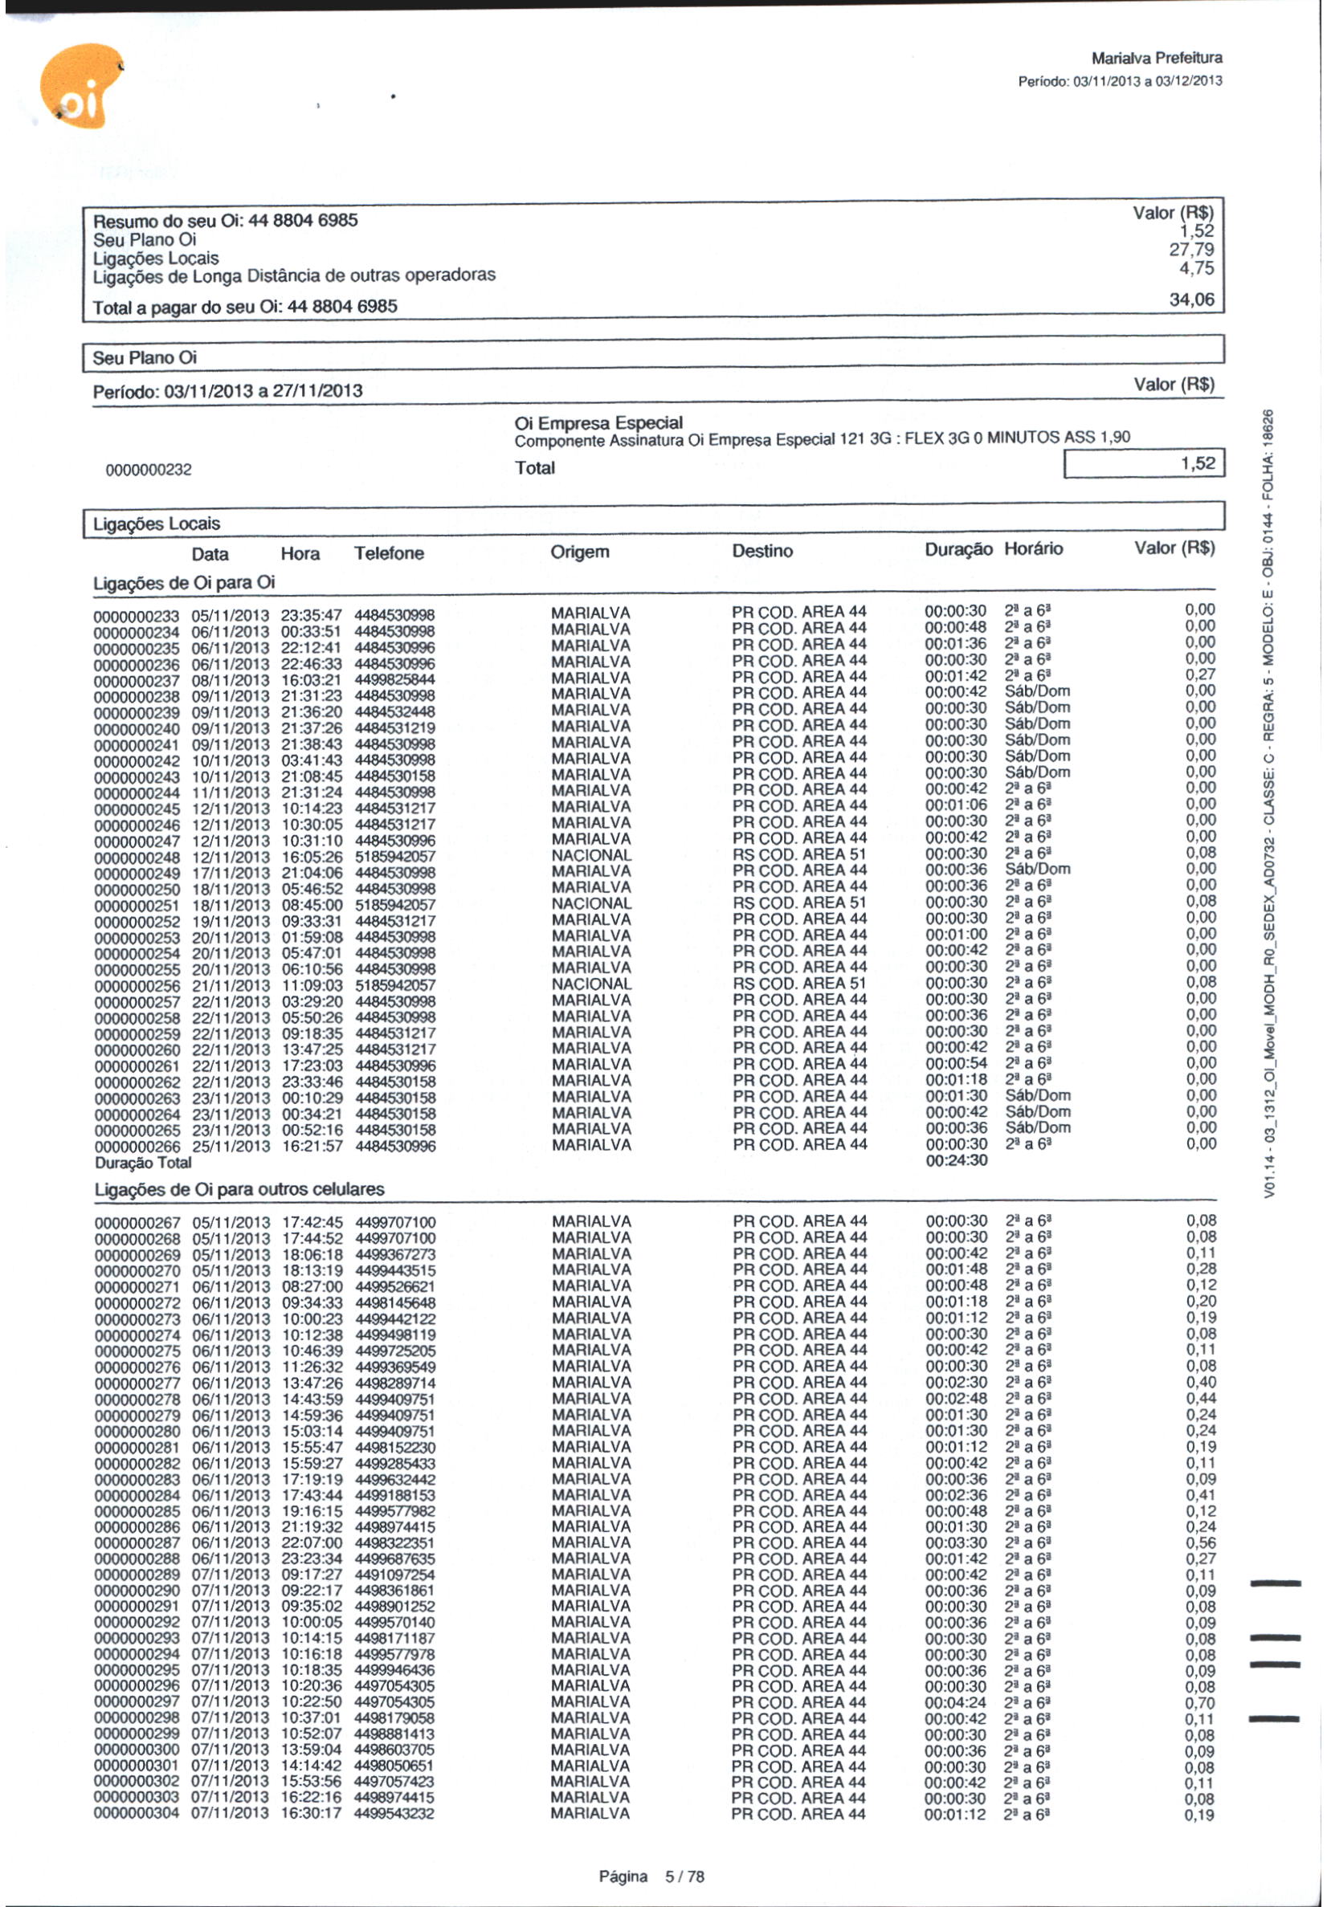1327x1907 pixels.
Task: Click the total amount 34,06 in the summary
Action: tap(1190, 299)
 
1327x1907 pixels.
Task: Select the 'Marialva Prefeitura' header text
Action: tap(1156, 58)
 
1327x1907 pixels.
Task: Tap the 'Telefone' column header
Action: tap(389, 553)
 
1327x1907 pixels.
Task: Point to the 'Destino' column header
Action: tap(762, 551)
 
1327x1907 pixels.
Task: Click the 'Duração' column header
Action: tap(958, 549)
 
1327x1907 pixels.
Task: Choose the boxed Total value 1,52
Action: tap(1198, 463)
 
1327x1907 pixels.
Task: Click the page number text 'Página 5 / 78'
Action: tap(651, 1876)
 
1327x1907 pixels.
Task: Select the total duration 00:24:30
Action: tap(957, 1160)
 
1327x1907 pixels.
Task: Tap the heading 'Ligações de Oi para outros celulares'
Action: tap(239, 1189)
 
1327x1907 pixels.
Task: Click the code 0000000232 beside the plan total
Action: tap(149, 470)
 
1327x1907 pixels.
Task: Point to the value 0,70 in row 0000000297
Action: tap(1201, 1703)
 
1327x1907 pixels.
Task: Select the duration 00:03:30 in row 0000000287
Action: tap(957, 1542)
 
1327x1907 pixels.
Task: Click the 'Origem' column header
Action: tap(579, 552)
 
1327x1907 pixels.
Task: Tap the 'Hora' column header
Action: tap(300, 554)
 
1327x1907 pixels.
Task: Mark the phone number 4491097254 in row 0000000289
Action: tap(394, 1575)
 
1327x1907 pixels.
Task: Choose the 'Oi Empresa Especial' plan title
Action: tap(598, 423)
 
